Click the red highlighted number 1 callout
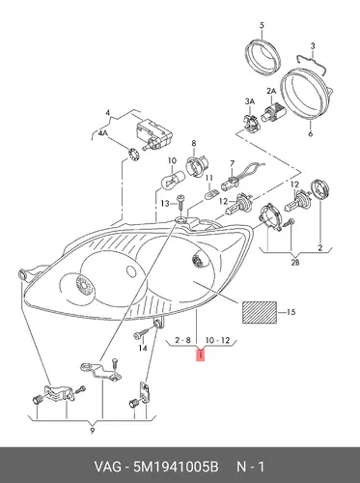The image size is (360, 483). tap(201, 355)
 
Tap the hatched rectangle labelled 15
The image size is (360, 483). tap(260, 312)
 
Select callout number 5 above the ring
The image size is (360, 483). tap(262, 25)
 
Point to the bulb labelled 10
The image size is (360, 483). tap(173, 180)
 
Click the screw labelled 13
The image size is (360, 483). tap(180, 203)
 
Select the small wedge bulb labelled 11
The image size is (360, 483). tap(211, 194)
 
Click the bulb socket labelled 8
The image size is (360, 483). tap(193, 166)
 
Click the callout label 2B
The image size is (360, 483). tap(295, 263)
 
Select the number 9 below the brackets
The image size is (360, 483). tap(93, 431)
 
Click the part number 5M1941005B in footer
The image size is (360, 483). tap(176, 467)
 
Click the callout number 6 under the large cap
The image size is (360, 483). tap(310, 133)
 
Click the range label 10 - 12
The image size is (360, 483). tap(217, 340)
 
